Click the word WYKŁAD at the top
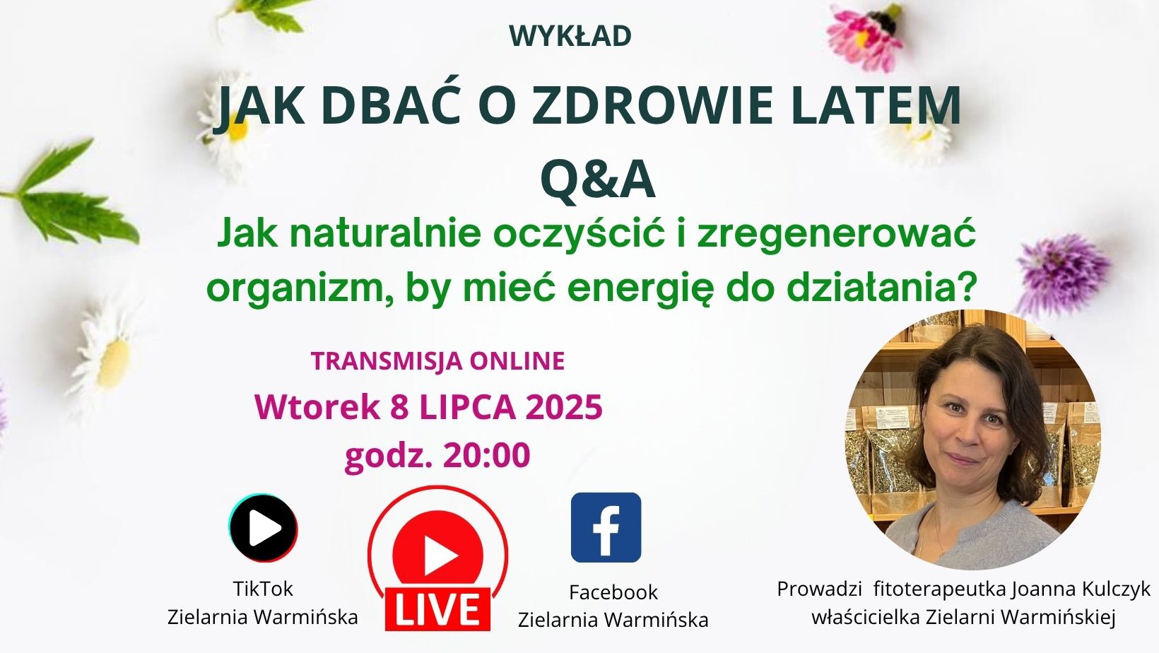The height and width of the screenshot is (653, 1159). (570, 36)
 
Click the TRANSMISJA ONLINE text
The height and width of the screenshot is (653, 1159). (437, 361)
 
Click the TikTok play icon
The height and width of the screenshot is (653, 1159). (264, 528)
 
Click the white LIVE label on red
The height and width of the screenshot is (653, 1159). (437, 608)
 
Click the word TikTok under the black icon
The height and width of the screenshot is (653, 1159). (263, 589)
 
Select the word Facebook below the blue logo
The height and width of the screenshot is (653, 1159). (613, 592)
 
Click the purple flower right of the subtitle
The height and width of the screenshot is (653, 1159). (1061, 273)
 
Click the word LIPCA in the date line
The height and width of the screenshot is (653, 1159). (467, 406)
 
